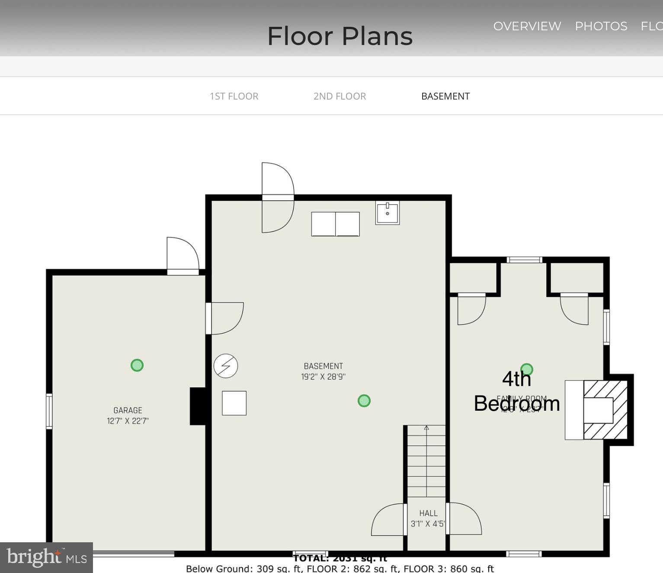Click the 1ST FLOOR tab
[234, 96]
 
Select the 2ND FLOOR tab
[340, 96]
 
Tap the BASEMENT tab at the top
[445, 96]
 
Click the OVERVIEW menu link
[527, 26]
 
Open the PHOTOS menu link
[601, 26]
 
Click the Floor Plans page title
[340, 36]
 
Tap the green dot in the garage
[137, 365]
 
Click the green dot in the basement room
[364, 401]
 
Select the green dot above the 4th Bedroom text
[526, 369]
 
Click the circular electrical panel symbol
[226, 366]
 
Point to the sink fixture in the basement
[387, 212]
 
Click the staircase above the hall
[426, 460]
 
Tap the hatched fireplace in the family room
[605, 410]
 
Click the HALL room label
[428, 513]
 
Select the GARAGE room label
[128, 410]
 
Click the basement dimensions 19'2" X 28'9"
[323, 377]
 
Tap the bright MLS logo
[46, 557]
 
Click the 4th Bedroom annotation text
[517, 392]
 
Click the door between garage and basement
[224, 319]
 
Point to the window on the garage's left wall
[49, 411]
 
